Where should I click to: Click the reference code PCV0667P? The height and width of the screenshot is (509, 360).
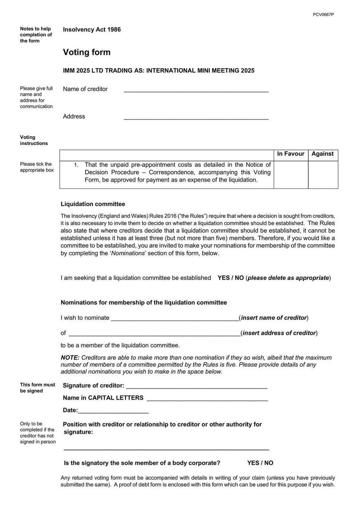pos(323,14)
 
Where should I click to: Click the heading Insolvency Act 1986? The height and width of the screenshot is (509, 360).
pos(92,30)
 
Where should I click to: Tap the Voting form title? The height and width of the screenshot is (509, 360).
pos(87,52)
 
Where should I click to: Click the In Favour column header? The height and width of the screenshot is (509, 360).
pos(291,154)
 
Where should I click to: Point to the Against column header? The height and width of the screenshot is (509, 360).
pos(323,154)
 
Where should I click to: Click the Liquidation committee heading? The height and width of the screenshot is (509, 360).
pos(93,204)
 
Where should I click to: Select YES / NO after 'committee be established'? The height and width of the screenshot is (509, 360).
pos(231,278)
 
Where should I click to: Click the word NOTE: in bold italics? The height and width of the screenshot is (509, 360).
pos(70,358)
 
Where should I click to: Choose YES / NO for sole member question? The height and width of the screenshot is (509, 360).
pos(260,463)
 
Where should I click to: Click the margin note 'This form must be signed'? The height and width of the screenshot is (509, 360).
pos(37,388)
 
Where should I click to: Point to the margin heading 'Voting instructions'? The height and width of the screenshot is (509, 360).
pos(34,140)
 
